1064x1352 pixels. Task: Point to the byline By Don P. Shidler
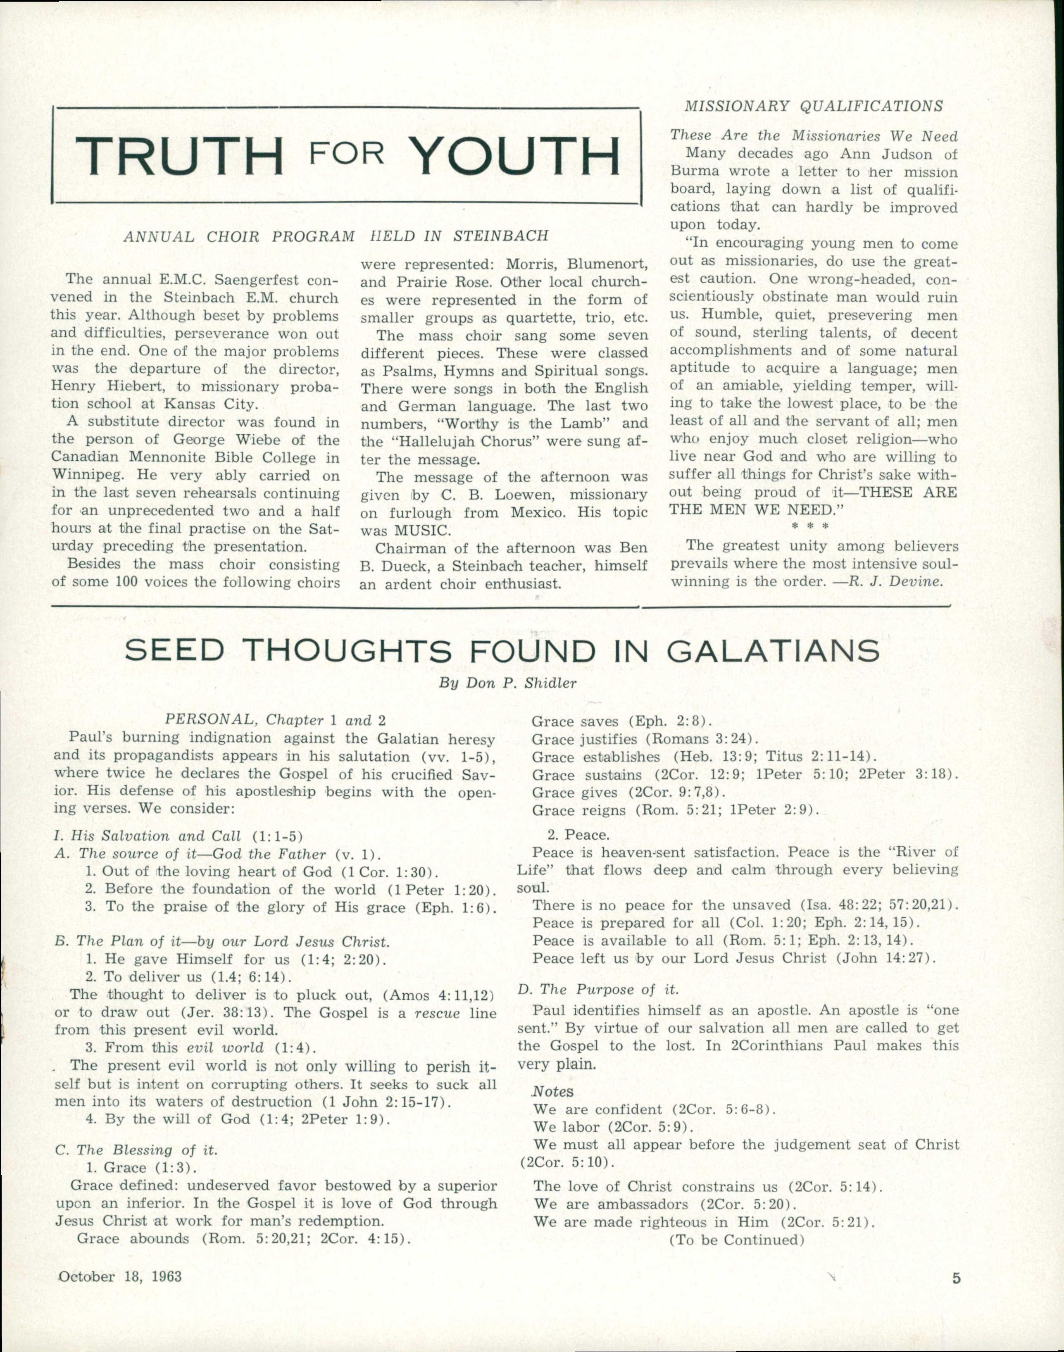[x=508, y=683]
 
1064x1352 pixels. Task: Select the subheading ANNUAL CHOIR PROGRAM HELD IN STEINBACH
[x=336, y=236]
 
